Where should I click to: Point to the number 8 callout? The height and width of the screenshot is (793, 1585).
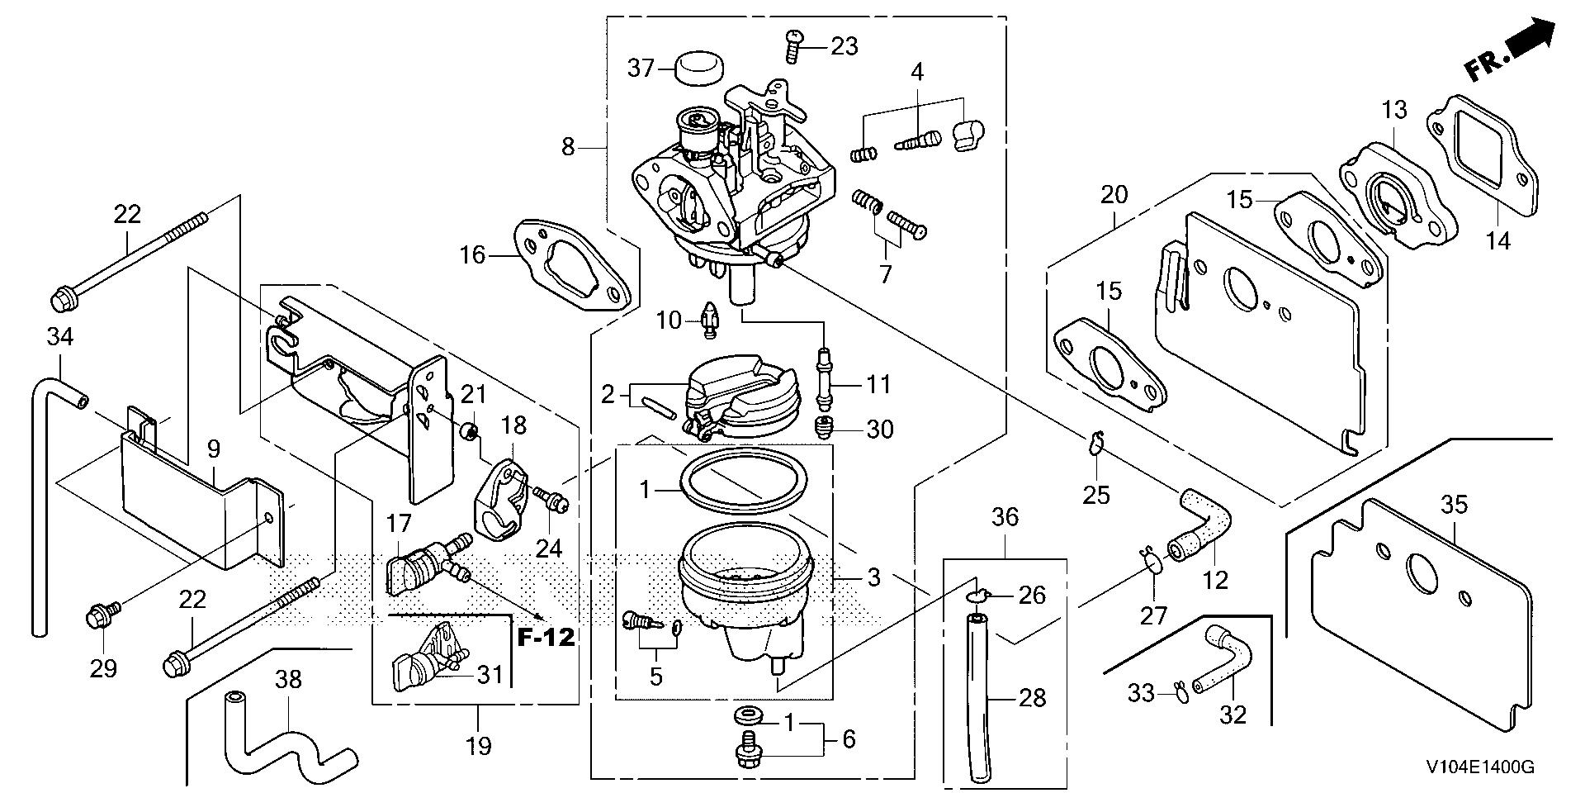568,147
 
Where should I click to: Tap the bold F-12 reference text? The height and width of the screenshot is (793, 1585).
546,638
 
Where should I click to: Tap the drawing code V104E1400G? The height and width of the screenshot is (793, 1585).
1479,767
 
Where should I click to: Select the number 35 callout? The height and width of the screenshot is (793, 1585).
1454,504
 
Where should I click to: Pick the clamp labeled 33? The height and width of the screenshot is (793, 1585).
1182,692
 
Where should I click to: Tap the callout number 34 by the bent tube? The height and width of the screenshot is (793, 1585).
60,336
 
